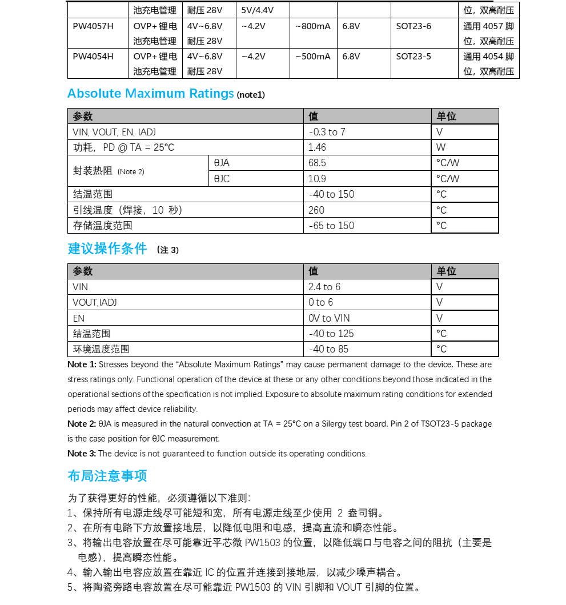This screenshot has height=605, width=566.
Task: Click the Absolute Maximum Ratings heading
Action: [x=151, y=94]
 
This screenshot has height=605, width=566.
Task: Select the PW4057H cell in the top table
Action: [x=93, y=26]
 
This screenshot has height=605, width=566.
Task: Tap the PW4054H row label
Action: [x=93, y=57]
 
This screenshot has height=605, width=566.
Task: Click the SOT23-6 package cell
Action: [x=414, y=26]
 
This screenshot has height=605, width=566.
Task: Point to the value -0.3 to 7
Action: [x=327, y=132]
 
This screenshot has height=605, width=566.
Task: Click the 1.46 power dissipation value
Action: [x=318, y=147]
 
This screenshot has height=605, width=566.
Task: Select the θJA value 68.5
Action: [x=318, y=163]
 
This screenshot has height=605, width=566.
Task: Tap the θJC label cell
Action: [x=222, y=179]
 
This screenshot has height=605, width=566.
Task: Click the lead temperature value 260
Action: [x=316, y=210]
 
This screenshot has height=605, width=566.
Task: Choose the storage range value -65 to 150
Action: [x=332, y=226]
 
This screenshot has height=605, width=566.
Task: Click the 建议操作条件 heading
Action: [x=107, y=249]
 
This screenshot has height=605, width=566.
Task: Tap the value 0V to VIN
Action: [x=330, y=318]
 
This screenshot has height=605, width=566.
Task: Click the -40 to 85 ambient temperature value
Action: [x=329, y=349]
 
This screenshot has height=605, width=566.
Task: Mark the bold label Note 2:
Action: [x=82, y=424]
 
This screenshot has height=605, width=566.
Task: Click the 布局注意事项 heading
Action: [x=107, y=476]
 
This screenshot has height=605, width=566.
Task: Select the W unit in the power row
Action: [x=441, y=147]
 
